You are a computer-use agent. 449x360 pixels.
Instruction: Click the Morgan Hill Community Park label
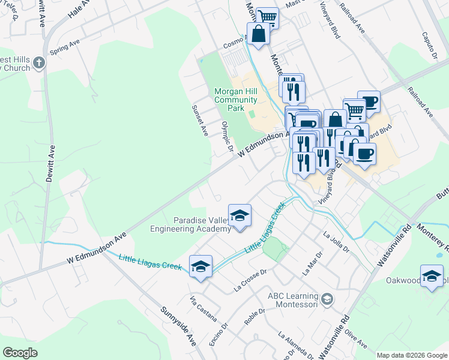(x=236, y=100)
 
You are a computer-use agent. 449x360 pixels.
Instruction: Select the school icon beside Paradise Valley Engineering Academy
(x=240, y=216)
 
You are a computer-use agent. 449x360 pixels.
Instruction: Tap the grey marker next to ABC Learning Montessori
(x=327, y=299)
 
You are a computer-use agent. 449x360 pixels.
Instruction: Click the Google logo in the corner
(x=20, y=353)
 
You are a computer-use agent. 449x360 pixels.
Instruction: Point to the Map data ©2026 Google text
(x=412, y=355)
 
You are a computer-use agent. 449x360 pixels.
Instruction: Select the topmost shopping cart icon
(x=267, y=18)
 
